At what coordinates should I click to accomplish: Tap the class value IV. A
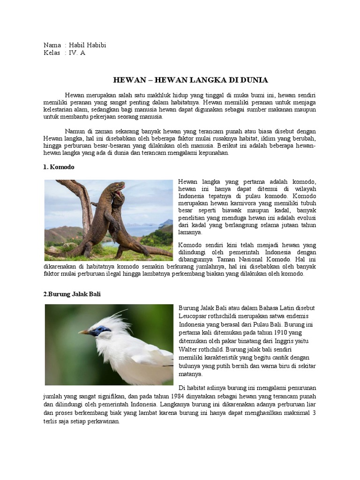click(x=77, y=53)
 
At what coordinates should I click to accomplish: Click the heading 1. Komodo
click(x=59, y=167)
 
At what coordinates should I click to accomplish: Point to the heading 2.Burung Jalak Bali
click(x=72, y=294)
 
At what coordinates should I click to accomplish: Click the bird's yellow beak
click(x=84, y=332)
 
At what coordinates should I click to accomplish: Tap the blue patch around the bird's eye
click(x=100, y=330)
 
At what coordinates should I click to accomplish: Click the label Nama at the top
click(x=52, y=45)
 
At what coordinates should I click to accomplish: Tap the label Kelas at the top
click(x=52, y=53)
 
